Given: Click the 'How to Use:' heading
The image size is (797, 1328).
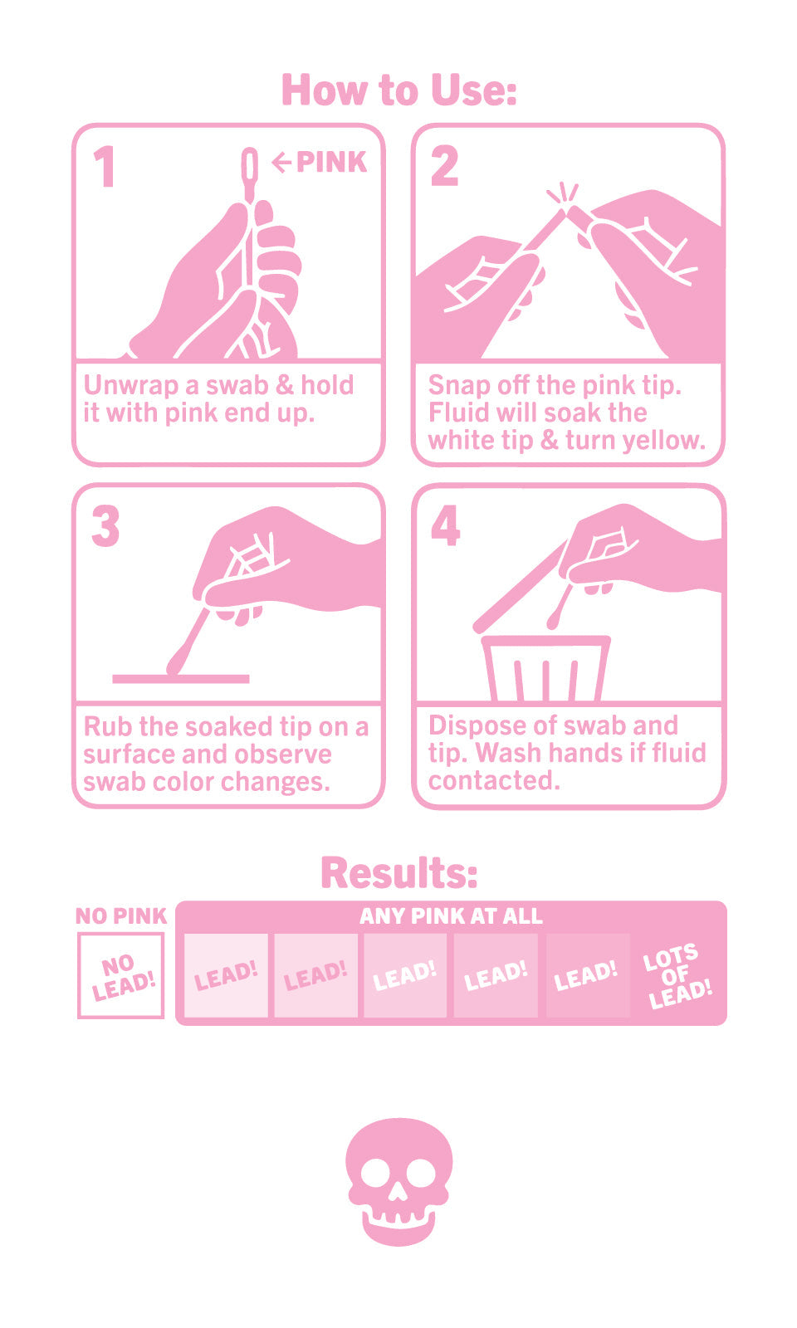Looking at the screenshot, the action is (x=399, y=90).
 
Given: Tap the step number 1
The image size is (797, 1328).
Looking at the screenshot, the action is (x=105, y=167).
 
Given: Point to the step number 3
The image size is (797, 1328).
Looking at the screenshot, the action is (x=105, y=526).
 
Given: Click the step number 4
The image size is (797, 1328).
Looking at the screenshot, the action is (x=445, y=525).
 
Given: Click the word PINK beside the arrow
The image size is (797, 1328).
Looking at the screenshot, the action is (x=331, y=163).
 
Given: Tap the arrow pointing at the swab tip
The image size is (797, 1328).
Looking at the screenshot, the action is (x=281, y=163).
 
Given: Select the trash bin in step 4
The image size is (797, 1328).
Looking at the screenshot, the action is (x=546, y=668).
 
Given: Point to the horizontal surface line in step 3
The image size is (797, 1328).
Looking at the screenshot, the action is (x=181, y=679).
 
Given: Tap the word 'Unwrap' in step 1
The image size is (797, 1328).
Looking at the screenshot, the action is (x=131, y=386).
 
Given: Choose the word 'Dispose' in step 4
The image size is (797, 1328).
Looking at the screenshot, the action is (x=477, y=726).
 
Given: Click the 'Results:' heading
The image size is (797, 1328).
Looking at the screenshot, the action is (x=399, y=872).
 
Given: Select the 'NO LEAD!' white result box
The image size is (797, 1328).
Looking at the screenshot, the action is (x=121, y=976).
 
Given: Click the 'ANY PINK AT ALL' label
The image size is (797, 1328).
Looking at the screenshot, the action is (x=451, y=916).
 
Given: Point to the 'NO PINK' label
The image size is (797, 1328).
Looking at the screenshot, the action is (x=121, y=916).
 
